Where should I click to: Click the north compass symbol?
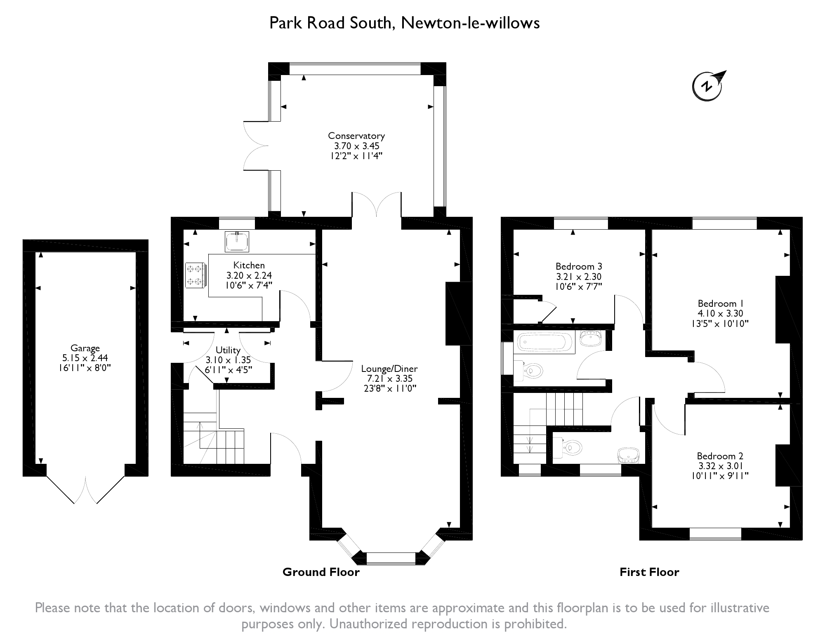tap(708, 86)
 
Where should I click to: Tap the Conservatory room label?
tap(356, 136)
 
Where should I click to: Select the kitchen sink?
tap(237, 241)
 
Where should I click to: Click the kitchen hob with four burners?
tap(195, 275)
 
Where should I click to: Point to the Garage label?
tap(85, 348)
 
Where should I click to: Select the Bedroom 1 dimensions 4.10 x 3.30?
tap(720, 314)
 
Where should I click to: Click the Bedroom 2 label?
tap(720, 456)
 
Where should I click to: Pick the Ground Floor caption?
tap(321, 572)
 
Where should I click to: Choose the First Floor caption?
tap(649, 572)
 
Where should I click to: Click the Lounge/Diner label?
tap(389, 369)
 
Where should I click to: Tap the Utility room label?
tap(228, 350)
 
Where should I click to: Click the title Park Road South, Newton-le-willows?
tap(404, 23)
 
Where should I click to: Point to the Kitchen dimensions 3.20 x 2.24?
tap(249, 275)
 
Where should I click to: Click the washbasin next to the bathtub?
tap(591, 339)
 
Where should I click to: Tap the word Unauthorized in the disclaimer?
tap(369, 624)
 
